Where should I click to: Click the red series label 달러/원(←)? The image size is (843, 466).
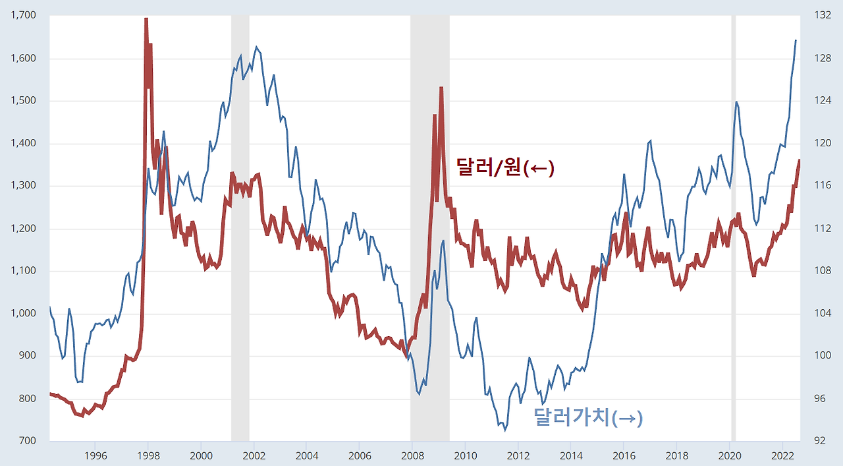pos(505,168)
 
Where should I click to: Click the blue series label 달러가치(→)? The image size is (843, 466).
pos(588,418)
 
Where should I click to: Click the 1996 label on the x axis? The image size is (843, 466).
pos(95,455)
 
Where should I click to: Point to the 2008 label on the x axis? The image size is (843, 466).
pos(412,455)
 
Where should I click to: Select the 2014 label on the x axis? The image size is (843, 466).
pos(571,455)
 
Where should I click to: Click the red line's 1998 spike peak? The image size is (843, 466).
pos(146,18)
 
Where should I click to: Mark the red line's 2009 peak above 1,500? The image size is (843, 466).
pos(441,87)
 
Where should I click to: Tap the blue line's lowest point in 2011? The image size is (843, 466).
pos(505,430)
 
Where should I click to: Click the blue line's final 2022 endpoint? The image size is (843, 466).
pos(796,40)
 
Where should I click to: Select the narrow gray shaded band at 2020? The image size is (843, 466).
pos(733,264)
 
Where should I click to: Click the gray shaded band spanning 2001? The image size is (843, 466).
pos(240,264)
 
